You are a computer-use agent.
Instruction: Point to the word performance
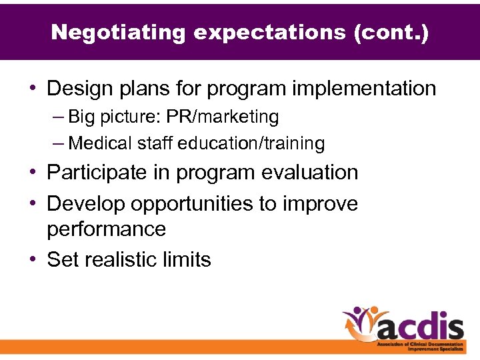point(106,229)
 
